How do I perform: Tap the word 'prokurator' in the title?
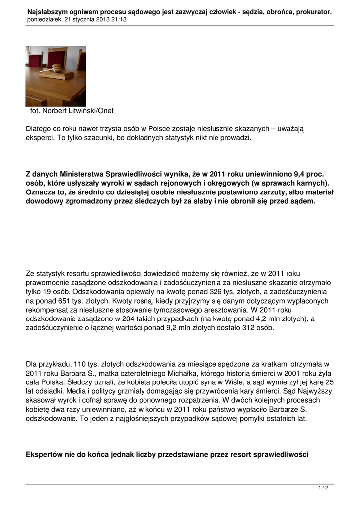tap(315, 11)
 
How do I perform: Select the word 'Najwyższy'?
tap(315, 391)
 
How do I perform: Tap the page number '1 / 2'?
tap(323, 488)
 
